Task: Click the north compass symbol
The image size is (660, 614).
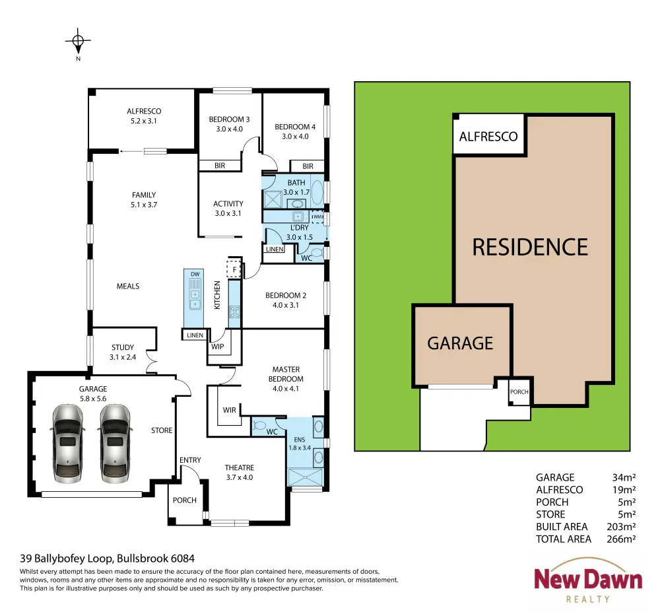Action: [78, 42]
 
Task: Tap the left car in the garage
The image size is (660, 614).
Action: [67, 443]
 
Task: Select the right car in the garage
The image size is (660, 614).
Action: [115, 443]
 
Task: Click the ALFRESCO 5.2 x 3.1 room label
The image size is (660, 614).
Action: [144, 116]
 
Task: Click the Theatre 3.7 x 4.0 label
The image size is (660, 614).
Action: [239, 473]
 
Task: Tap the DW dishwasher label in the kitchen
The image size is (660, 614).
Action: [195, 274]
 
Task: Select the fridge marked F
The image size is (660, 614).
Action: [234, 269]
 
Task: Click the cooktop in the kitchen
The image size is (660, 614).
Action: [234, 312]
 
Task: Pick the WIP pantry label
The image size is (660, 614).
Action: [218, 347]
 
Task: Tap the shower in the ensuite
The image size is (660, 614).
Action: [305, 477]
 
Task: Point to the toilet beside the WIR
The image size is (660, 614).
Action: [259, 425]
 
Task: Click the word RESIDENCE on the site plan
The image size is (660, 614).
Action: [530, 247]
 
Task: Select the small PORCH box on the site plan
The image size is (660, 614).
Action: [519, 392]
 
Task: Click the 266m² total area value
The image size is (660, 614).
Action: [621, 539]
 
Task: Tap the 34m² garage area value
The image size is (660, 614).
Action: [624, 477]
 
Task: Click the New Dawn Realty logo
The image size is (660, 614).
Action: [588, 581]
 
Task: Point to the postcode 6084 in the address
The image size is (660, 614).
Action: [182, 559]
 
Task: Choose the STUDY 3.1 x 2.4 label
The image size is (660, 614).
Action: [123, 352]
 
